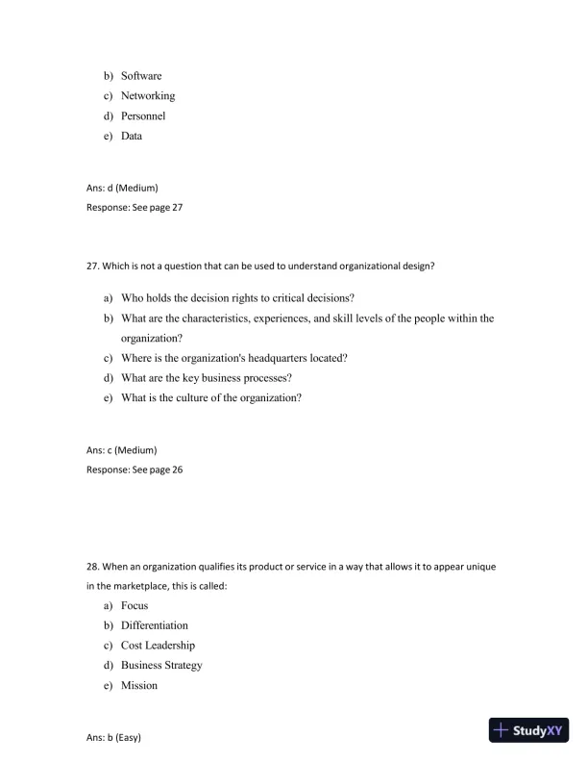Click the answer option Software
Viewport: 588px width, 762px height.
coord(140,76)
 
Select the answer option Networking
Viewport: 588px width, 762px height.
coord(147,96)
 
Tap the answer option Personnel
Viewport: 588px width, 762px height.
coord(142,116)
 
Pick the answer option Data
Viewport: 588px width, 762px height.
coord(131,137)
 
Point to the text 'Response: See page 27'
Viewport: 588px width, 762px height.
coord(135,207)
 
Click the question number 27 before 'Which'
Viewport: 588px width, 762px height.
coord(93,267)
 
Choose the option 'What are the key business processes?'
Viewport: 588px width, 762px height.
coord(206,378)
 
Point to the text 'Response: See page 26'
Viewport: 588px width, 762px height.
coord(135,470)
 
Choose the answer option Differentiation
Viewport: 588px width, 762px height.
coord(154,625)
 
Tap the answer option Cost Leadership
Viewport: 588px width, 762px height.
coord(158,646)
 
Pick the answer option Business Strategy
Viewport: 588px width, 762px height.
coord(161,666)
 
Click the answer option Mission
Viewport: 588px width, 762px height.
coord(138,686)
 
